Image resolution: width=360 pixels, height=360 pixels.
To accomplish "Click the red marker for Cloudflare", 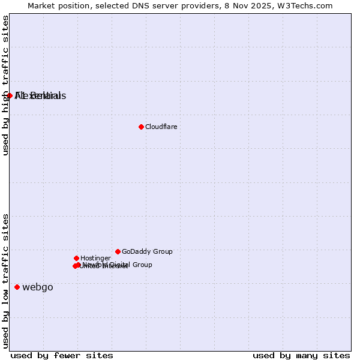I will pos(141,127).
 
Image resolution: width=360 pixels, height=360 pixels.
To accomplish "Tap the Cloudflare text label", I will pos(161,127).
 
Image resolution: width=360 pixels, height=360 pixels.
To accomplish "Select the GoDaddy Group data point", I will pos(118,251).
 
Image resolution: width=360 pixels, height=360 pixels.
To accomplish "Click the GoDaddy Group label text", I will pos(147,251).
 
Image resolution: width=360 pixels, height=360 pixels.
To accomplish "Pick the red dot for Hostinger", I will pos(76,258).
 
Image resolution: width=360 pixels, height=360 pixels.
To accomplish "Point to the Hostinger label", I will pos(95,258).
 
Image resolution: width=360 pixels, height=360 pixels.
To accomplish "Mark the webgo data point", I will pos(17,287).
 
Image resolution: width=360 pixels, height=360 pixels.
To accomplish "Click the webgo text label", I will pos(38,287).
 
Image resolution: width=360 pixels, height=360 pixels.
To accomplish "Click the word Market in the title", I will pos(40,5).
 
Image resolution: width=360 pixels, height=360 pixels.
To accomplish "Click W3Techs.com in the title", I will pos(305,5).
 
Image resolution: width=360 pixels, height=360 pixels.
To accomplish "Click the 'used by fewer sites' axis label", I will pos(62,356).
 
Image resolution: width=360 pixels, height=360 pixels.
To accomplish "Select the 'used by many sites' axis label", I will pos(301,356).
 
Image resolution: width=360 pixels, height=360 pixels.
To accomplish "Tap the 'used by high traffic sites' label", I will pos(5,85).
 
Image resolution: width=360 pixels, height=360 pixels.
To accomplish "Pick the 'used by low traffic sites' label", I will pos(5,280).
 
